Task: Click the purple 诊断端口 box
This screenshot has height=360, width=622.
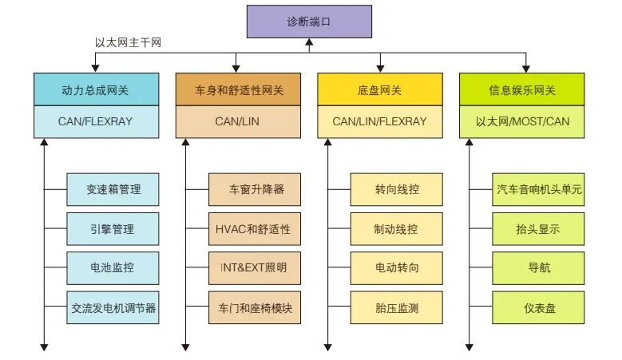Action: pyautogui.click(x=309, y=22)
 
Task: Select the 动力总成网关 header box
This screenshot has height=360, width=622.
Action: pyautogui.click(x=96, y=89)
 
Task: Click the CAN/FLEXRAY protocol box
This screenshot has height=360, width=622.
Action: pyautogui.click(x=96, y=122)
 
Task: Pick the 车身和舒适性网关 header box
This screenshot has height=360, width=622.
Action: pyautogui.click(x=238, y=89)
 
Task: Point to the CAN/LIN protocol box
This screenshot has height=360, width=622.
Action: pyautogui.click(x=238, y=122)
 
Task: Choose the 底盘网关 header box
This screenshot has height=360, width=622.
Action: pyautogui.click(x=380, y=89)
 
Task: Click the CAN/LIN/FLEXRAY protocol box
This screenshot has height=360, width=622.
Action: pyautogui.click(x=380, y=122)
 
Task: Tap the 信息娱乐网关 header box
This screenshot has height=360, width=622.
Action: pyautogui.click(x=521, y=89)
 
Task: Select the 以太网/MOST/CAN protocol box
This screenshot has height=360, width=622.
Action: pyautogui.click(x=521, y=122)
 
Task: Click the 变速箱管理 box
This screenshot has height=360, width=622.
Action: pyautogui.click(x=113, y=190)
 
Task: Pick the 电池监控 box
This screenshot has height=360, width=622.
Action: pyautogui.click(x=113, y=268)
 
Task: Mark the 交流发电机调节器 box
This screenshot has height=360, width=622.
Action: pyautogui.click(x=113, y=307)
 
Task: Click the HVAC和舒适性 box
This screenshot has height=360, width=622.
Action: pyautogui.click(x=254, y=229)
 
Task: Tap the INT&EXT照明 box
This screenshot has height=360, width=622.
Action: pyautogui.click(x=254, y=268)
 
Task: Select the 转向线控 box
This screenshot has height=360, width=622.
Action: pyautogui.click(x=397, y=190)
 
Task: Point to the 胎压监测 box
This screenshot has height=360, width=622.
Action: pyautogui.click(x=397, y=307)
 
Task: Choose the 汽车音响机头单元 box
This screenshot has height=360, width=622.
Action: pyautogui.click(x=538, y=190)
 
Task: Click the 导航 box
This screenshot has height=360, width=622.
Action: pyautogui.click(x=538, y=268)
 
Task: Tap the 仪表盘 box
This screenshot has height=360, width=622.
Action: pyautogui.click(x=538, y=307)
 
